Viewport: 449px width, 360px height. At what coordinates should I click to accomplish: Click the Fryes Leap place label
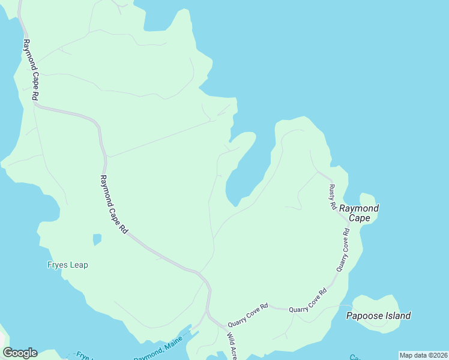click(x=67, y=265)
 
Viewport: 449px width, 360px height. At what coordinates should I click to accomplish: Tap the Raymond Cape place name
click(x=359, y=213)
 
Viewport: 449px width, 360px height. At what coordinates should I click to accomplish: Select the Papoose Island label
click(x=378, y=316)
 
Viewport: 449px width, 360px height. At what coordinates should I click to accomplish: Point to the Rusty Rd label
click(x=332, y=197)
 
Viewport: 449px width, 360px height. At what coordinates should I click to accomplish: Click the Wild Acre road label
click(x=231, y=344)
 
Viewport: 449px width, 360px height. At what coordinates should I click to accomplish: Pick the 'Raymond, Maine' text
click(x=158, y=350)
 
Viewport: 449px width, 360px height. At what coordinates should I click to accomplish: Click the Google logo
click(x=20, y=352)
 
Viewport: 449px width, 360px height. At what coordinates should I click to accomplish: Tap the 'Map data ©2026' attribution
click(x=423, y=355)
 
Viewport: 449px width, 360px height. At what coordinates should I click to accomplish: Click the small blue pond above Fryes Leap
click(x=97, y=239)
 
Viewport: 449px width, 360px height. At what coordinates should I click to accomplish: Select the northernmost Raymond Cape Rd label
click(x=31, y=70)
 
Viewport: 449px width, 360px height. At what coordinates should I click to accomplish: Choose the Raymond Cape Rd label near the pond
click(x=113, y=204)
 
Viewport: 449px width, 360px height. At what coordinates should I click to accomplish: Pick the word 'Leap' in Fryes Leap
click(x=77, y=265)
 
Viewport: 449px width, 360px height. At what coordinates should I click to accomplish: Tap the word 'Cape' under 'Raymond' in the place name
click(x=359, y=218)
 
